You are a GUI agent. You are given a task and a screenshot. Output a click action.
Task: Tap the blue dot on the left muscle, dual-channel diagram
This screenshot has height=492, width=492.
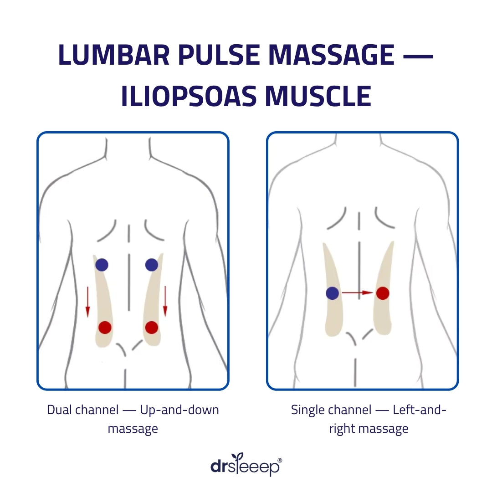[102, 265]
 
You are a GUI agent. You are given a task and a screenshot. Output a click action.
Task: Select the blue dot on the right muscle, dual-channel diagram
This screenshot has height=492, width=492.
[152, 265]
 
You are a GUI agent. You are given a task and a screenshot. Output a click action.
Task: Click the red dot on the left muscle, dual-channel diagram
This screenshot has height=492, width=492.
[105, 327]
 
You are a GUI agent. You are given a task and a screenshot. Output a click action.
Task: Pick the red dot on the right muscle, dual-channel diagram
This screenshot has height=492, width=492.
[152, 327]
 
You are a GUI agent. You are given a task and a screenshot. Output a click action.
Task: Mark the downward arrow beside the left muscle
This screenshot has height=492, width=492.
[87, 302]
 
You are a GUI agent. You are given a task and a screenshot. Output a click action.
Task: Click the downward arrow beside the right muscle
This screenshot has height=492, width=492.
[165, 302]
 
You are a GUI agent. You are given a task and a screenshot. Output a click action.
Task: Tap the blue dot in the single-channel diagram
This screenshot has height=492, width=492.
[333, 293]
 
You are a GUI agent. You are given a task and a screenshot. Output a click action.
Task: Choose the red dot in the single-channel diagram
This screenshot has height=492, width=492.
[383, 293]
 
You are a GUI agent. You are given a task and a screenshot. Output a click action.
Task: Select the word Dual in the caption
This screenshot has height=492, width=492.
[59, 410]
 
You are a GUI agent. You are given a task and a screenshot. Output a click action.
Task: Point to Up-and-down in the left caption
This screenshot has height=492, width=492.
[179, 410]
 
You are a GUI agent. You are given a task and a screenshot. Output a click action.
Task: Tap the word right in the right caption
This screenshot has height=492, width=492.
[343, 429]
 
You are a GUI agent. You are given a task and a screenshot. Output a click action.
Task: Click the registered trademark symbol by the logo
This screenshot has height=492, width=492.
[279, 461]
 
